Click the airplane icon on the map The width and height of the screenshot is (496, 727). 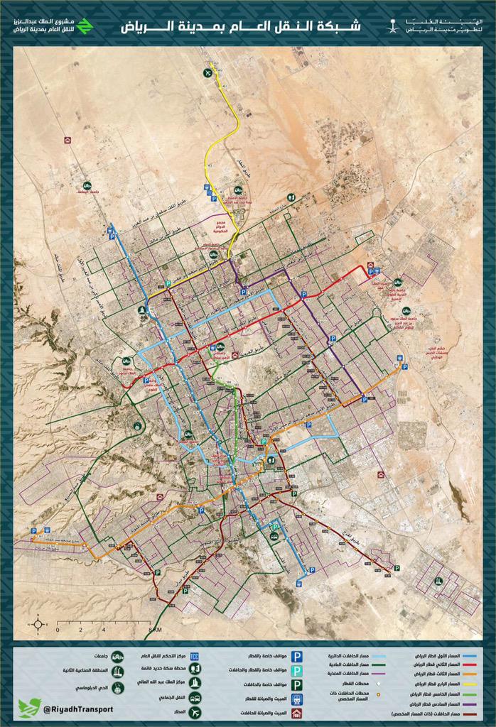click(x=207, y=72)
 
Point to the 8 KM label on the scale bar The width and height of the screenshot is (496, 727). click(x=155, y=630)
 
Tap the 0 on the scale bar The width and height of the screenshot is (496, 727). click(x=58, y=630)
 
